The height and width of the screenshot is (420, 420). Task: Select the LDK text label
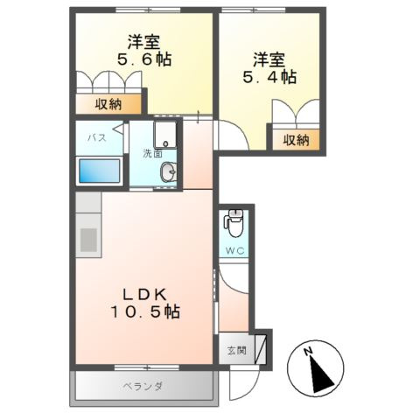tap(144, 293)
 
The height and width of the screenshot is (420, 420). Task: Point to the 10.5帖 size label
tap(144, 311)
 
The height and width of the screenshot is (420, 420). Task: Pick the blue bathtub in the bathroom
tap(99, 170)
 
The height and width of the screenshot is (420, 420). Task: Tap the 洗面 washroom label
tap(153, 155)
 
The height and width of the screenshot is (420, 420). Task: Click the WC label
tap(235, 249)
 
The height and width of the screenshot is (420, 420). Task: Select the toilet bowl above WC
tap(234, 225)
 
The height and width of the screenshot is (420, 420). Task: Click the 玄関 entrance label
tap(236, 351)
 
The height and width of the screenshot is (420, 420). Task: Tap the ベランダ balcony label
tap(143, 386)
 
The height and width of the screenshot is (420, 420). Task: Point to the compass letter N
tap(308, 353)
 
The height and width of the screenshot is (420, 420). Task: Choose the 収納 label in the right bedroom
tap(296, 138)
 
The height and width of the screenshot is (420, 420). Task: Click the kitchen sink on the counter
tap(88, 239)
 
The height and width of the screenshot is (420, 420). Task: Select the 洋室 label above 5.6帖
tap(143, 41)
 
